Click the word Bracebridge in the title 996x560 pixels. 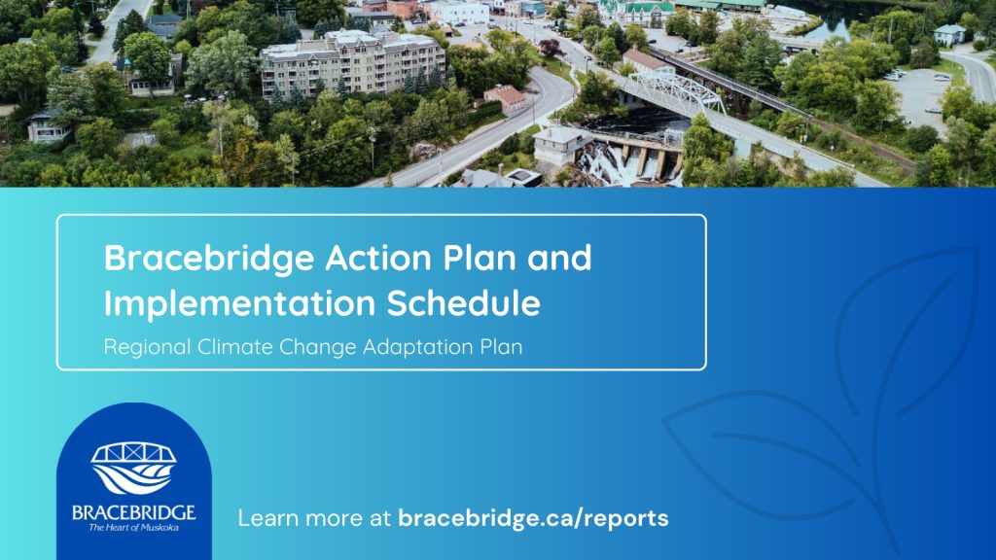coord(209,259)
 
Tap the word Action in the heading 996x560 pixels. coord(378,257)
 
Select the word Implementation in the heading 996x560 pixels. coord(240,303)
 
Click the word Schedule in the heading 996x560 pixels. coord(464,302)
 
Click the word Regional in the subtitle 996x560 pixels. coord(148,347)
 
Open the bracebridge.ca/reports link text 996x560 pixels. coord(533,518)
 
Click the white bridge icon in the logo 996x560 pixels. coord(133,468)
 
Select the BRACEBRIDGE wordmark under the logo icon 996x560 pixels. coord(133,512)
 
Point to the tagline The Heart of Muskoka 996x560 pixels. coord(133,528)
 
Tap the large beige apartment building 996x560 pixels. coord(352,61)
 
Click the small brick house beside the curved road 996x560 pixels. coord(506,98)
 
